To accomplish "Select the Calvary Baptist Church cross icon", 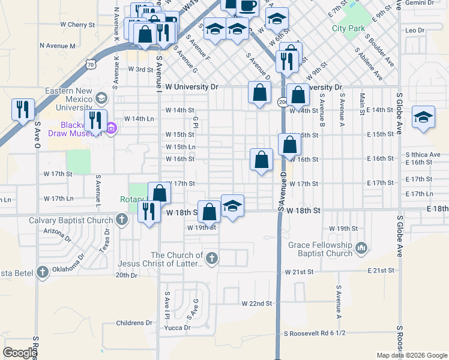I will click(122, 219).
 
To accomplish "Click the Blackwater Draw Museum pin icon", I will click(111, 127).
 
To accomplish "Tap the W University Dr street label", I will click(192, 87).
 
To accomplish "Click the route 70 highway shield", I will click(90, 62).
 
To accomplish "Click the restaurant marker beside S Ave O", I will click(22, 109).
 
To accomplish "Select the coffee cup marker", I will click(247, 5).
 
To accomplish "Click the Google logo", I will click(20, 353).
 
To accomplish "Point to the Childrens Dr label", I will click(135, 323).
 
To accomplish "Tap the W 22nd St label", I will click(256, 304).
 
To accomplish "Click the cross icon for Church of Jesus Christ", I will click(211, 259).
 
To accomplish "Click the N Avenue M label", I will click(58, 46).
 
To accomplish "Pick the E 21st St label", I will click(382, 271).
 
